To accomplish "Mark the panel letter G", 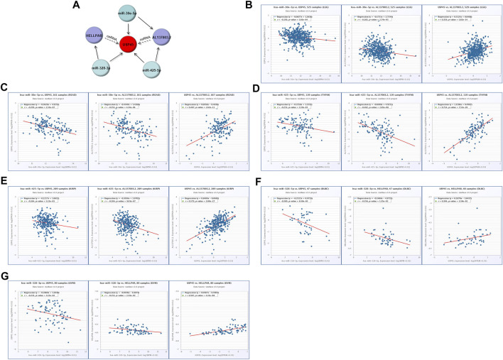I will [x=5, y=275].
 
